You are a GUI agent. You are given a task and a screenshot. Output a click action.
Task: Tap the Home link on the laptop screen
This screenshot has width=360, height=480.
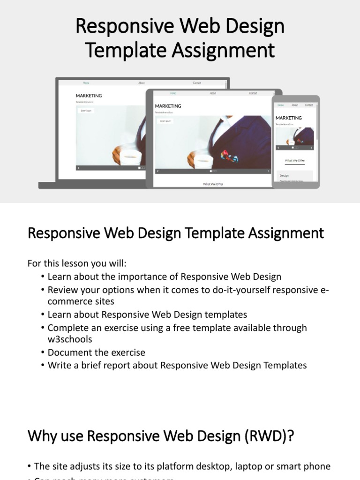click(86, 83)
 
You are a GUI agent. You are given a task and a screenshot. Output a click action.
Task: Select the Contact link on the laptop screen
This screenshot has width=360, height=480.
click(197, 83)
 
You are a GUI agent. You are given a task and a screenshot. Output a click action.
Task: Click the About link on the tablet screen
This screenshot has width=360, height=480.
click(213, 93)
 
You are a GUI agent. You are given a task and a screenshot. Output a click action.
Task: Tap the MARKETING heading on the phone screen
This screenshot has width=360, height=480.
click(288, 118)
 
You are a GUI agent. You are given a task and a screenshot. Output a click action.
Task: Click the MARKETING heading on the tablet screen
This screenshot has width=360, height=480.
click(168, 106)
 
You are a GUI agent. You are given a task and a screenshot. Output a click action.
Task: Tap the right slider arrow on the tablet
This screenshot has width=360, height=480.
click(269, 172)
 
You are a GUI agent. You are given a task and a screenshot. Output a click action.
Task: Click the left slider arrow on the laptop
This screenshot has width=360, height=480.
click(78, 167)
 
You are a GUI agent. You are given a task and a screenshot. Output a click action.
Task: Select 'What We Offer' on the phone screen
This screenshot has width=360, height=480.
click(295, 160)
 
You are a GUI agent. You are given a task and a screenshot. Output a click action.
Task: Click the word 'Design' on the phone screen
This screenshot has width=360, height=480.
click(284, 176)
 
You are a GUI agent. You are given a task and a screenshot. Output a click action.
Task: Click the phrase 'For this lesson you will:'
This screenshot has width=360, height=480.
click(77, 263)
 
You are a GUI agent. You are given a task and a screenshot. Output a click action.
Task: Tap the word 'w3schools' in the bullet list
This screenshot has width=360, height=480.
click(70, 339)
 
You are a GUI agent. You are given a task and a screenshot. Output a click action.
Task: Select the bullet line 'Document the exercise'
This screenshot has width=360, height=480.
click(97, 352)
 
